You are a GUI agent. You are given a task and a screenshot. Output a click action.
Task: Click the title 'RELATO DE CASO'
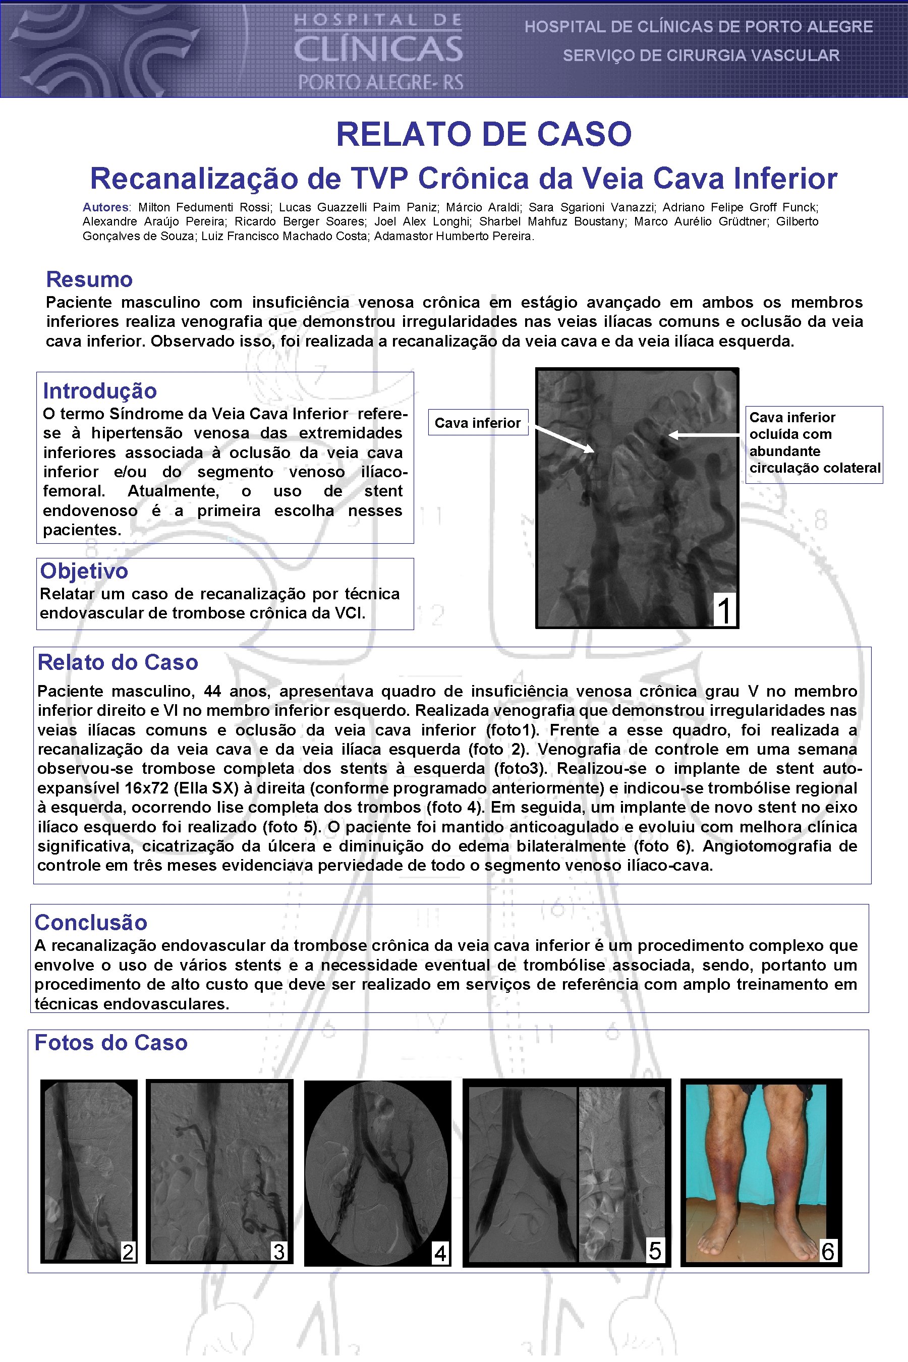[x=484, y=134]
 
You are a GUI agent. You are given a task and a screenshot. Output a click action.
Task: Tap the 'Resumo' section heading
[x=89, y=279]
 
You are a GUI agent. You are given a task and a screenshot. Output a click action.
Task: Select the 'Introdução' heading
[x=99, y=391]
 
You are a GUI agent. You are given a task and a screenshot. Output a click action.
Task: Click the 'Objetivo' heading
[x=84, y=571]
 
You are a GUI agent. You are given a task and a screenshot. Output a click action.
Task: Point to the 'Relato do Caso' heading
[x=118, y=662]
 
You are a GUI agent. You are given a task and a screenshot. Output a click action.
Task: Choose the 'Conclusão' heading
[x=91, y=923]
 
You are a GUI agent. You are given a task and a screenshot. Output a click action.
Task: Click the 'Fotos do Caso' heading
[x=110, y=1043]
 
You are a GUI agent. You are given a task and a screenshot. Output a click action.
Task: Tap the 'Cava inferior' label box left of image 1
[x=478, y=423]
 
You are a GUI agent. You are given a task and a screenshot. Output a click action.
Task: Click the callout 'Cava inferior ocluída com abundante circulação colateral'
[x=814, y=443]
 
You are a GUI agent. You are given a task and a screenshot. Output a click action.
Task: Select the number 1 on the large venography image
[x=724, y=610]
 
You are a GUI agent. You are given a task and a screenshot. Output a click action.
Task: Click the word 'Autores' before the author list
[x=106, y=207]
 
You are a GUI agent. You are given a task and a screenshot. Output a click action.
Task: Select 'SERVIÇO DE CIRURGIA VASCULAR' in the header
[x=701, y=55]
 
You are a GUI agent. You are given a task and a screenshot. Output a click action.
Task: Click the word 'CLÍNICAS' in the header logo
[x=378, y=50]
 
